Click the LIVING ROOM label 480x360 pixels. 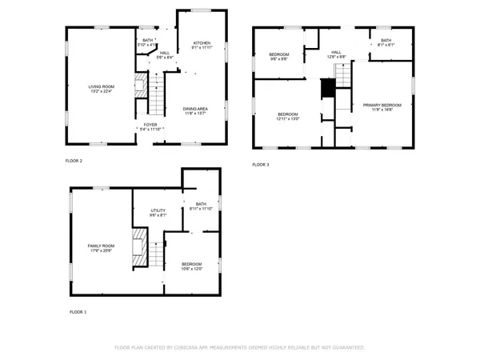(101, 86)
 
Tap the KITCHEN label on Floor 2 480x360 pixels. (202, 43)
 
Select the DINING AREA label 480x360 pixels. (195, 109)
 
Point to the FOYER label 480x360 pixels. (150, 125)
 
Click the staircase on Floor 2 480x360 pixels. (157, 96)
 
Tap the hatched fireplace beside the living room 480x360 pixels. (141, 85)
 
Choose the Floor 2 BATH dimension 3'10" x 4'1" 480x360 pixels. (147, 46)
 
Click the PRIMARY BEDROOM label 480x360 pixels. (382, 105)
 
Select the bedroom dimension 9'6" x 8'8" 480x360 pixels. (278, 59)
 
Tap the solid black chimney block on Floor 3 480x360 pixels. (326, 89)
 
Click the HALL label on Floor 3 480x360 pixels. (336, 52)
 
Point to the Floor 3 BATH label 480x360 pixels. (386, 40)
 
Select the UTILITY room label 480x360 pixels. (158, 210)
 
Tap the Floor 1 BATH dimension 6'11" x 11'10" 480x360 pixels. (201, 209)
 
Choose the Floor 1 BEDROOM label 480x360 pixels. (192, 264)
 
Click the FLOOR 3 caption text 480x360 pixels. (261, 165)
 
